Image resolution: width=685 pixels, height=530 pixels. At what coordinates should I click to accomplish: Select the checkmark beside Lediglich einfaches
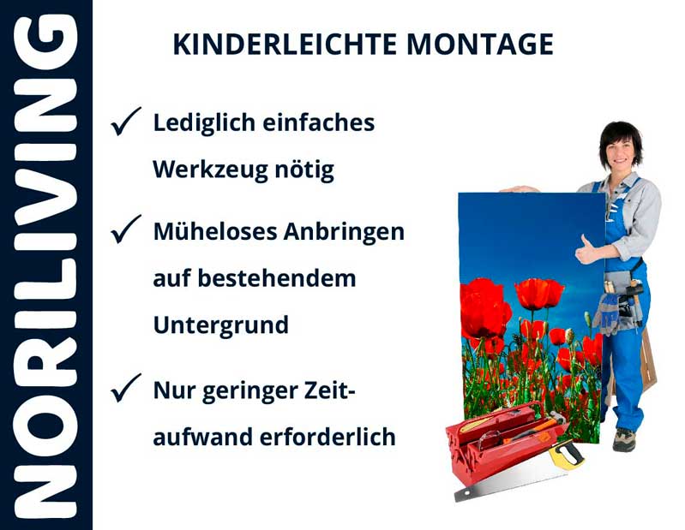coord(126,123)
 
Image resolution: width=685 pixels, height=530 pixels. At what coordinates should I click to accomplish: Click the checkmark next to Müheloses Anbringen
coord(126,231)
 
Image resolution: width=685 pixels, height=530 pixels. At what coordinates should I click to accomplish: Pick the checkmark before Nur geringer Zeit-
coord(126,390)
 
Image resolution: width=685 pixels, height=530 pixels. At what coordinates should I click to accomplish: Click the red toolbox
coord(497,444)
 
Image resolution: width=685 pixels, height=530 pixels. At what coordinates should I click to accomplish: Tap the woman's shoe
coord(624,439)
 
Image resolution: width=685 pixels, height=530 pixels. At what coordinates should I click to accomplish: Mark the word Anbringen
coord(351,231)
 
